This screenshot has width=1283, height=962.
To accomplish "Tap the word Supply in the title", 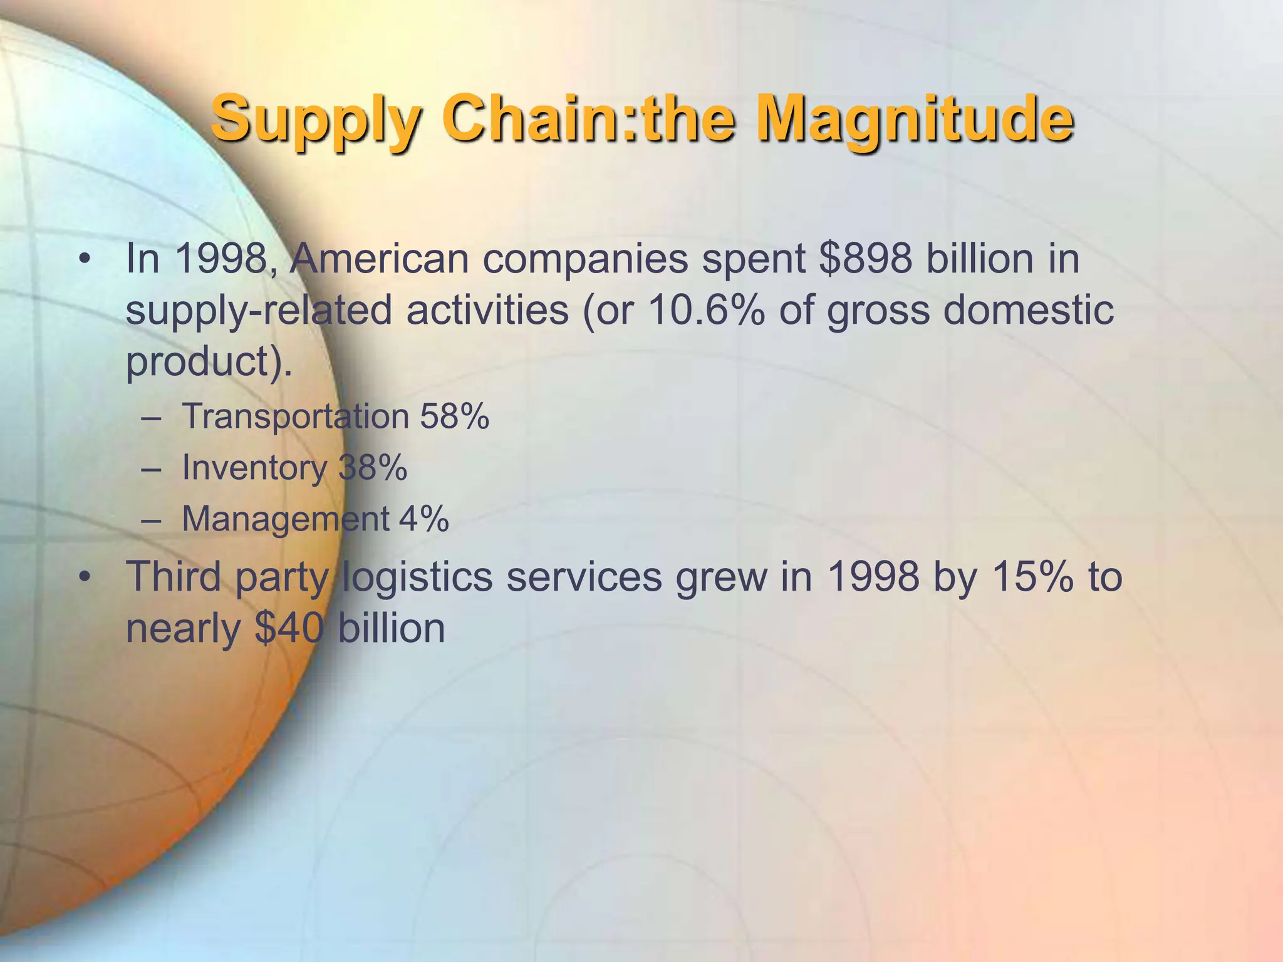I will coord(315,119).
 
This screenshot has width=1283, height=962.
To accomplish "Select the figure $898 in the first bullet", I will coord(865,258).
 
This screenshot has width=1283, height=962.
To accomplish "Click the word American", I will coord(380,258).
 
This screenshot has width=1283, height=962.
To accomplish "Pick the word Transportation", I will coord(295,416).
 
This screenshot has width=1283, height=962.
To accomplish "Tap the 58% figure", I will coord(454,416).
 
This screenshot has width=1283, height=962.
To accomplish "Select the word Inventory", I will coord(254,467).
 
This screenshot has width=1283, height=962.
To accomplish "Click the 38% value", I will coord(373,467).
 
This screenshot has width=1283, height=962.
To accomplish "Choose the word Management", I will coord(286,519).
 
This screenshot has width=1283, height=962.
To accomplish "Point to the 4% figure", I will coord(424,519).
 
